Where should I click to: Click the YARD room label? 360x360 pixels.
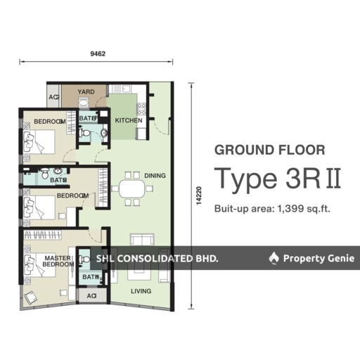pos(86,91)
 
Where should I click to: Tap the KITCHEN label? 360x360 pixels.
pos(129,120)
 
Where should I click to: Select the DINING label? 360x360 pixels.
pos(155,176)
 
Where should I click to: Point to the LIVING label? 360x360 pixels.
pos(141,291)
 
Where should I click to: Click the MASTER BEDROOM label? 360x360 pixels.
pos(58,261)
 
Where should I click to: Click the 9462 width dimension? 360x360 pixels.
pos(98,53)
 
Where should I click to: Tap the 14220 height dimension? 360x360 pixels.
pos(199,195)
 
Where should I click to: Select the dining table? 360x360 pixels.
pos(132,188)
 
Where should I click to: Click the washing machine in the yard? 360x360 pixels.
pos(83,102)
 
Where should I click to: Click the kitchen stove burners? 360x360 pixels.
pos(142,109)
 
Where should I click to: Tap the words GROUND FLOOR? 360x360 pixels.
pos(270,150)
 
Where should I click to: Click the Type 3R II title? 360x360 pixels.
pos(278,178)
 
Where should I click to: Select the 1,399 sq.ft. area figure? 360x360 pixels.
pos(304,208)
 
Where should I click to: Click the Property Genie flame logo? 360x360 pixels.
pos(274,258)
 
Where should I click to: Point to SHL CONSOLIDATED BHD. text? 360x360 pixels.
pos(157,259)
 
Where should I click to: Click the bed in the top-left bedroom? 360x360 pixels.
pos(39,142)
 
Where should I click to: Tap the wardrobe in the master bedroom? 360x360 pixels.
pos(42,235)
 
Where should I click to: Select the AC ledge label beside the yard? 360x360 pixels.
pos(54,97)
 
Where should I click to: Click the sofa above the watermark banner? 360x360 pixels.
pos(142,240)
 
